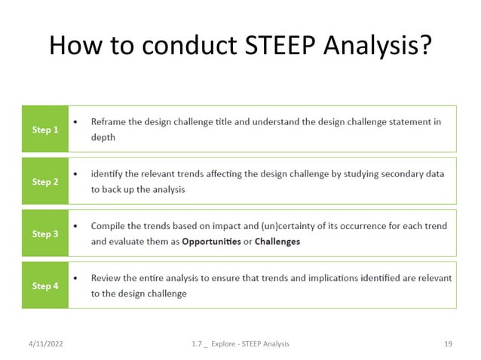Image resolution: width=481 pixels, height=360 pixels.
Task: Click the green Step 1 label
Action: point(45,130)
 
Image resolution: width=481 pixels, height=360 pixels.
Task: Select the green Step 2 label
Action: point(45,182)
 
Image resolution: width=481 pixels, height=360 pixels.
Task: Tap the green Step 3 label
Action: point(45,233)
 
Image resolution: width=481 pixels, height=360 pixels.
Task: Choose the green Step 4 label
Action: point(45,285)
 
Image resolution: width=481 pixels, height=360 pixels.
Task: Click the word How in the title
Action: point(73,47)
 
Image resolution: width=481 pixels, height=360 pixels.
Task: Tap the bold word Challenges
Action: point(277,242)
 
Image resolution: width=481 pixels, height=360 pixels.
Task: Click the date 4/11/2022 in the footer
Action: point(43,343)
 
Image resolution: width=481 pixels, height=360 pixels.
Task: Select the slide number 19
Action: point(448,343)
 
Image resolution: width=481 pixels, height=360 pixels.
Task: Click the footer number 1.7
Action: point(199,343)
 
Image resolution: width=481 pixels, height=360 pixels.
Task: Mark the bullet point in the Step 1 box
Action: point(75,121)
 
